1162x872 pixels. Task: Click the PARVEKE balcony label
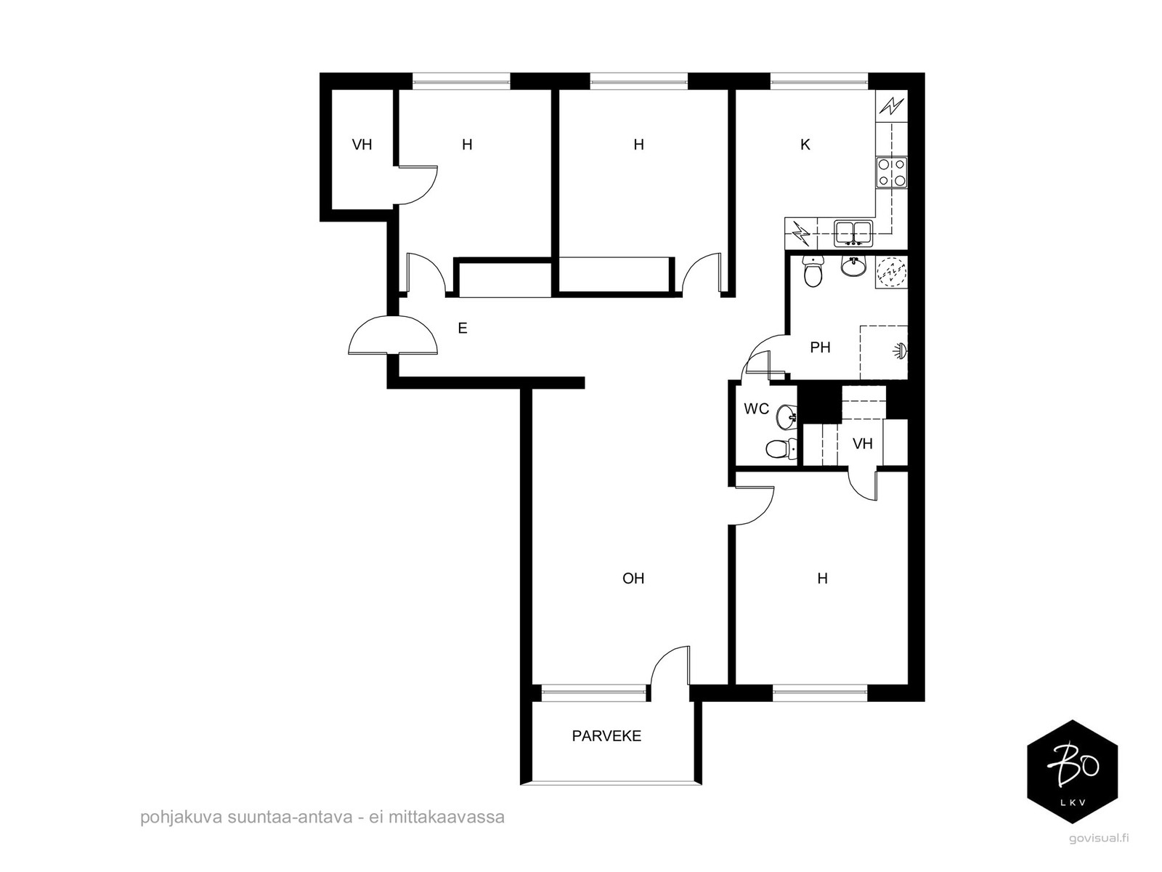(606, 735)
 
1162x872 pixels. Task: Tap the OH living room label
(633, 578)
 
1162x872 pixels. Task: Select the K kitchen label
(805, 145)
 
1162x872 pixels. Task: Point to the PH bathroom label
(820, 347)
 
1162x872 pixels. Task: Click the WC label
(756, 408)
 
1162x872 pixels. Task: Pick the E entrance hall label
(462, 328)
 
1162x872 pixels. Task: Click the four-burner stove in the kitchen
(892, 172)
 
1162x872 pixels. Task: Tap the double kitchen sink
(853, 234)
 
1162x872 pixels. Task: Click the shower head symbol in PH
(900, 350)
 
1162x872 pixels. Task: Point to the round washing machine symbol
(892, 272)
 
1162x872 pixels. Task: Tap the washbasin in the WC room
(787, 416)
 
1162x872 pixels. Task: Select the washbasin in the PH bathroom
(854, 266)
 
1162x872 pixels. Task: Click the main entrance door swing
(393, 334)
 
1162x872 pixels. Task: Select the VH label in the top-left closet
(362, 145)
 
